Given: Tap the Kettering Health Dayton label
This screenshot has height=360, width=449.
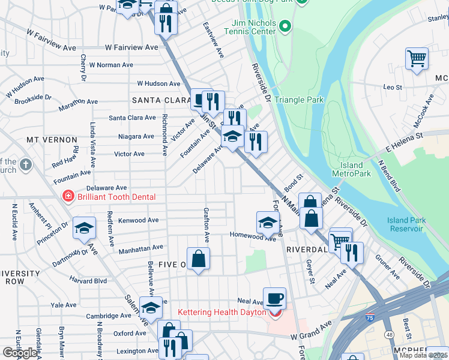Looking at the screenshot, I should point(222,313).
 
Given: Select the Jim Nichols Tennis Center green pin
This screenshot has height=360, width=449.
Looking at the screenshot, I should point(285,26).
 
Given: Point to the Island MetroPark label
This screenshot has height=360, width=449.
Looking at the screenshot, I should point(351,169).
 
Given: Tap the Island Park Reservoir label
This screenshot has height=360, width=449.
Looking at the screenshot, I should point(406,224).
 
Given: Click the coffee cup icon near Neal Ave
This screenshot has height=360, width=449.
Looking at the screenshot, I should point(274,298).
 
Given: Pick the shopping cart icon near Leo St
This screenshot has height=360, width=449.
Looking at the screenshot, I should point(417,59).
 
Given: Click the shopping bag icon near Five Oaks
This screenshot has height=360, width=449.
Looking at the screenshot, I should point(198,259).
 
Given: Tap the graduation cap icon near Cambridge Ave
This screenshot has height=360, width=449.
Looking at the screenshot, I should point(151,307).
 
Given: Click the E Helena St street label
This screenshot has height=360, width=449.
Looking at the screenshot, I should point(405,146).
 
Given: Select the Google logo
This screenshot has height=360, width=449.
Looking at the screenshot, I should point(20,353).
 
